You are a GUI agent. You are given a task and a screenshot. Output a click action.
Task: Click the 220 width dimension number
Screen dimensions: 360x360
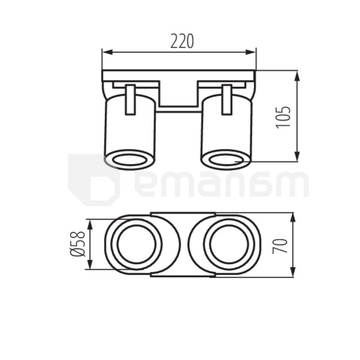(x=182, y=41)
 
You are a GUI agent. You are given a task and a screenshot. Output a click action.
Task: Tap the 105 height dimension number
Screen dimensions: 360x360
(x=283, y=117)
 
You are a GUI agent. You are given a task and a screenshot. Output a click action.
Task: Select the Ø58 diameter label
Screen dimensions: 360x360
(x=77, y=244)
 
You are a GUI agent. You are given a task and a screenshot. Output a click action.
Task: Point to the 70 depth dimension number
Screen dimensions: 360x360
(x=280, y=246)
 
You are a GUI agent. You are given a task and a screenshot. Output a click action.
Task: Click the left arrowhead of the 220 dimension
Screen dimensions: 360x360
(x=107, y=52)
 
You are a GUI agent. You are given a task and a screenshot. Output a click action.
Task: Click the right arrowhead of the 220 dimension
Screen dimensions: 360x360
(x=250, y=52)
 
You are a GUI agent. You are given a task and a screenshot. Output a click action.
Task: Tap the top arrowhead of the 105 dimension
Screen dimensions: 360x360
(x=297, y=76)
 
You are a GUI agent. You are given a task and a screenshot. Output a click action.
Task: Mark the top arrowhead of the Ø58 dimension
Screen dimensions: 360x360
(x=90, y=224)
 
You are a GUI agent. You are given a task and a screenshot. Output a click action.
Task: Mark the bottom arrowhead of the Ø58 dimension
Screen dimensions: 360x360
(x=90, y=264)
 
